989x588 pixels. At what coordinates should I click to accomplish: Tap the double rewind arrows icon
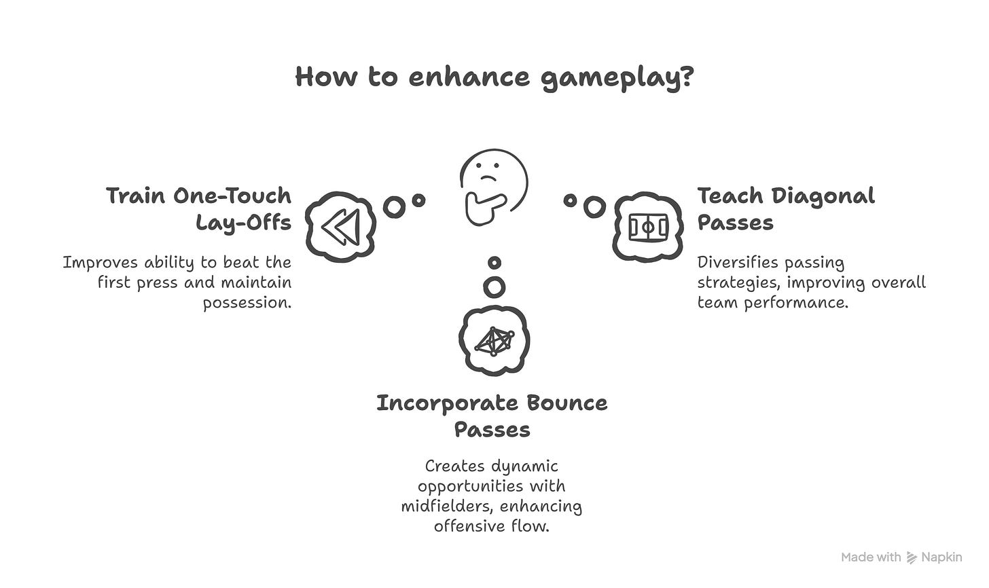[x=340, y=227]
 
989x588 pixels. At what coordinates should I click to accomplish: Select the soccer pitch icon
[x=648, y=227]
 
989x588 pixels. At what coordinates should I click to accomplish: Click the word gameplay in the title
[x=617, y=77]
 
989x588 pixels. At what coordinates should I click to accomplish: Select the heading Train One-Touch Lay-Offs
[x=199, y=209]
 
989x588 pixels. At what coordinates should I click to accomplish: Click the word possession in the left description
[x=247, y=302]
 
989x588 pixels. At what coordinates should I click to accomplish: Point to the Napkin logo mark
[x=912, y=557]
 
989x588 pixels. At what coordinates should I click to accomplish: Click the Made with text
[x=871, y=557]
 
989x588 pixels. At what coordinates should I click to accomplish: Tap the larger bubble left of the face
[x=394, y=206]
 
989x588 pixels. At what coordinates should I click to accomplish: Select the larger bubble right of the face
[x=594, y=207]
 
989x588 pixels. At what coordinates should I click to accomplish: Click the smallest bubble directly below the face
[x=494, y=262]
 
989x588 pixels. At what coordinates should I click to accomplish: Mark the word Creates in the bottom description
[x=452, y=466]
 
